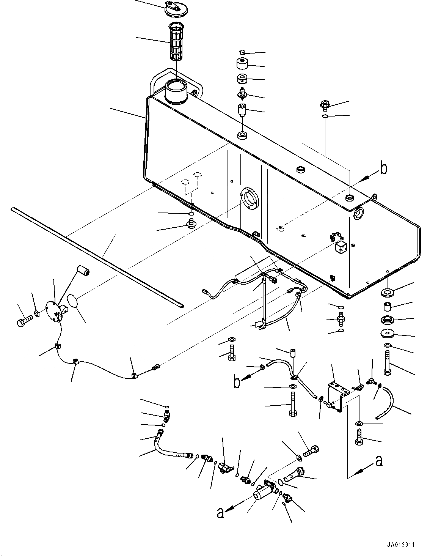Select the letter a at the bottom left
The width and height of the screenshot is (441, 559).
tap(220, 513)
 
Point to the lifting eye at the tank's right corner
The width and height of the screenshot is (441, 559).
tap(374, 197)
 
